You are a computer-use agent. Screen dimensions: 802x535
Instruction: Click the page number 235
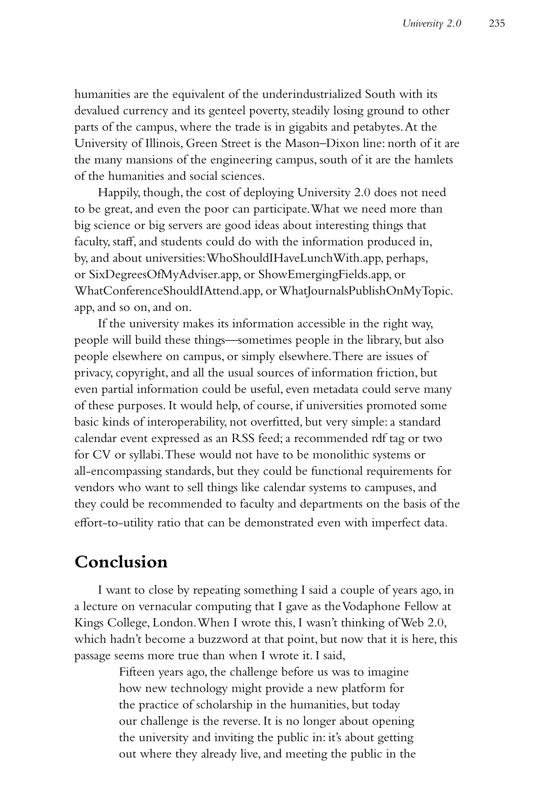pyautogui.click(x=496, y=23)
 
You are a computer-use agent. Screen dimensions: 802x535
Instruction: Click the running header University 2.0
pyautogui.click(x=432, y=23)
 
